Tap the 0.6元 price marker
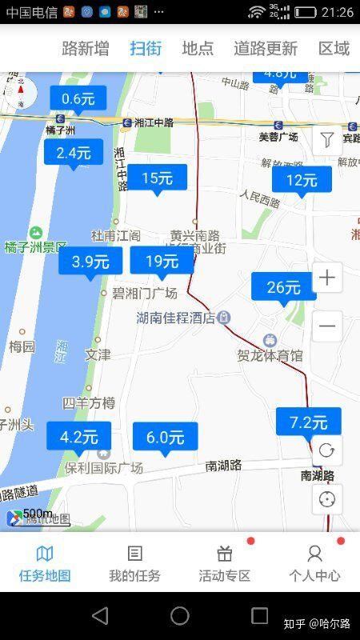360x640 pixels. (x=78, y=99)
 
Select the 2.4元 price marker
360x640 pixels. (x=74, y=152)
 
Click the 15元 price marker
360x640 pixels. (x=157, y=178)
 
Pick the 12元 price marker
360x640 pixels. (x=302, y=180)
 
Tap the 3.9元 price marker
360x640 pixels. (x=90, y=261)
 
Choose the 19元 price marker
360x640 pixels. (x=162, y=261)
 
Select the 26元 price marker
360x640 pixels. (x=283, y=287)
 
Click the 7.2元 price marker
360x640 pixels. (x=308, y=422)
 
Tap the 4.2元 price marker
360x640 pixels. (x=78, y=437)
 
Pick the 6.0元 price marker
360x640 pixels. (x=165, y=437)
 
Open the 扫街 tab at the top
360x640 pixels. (x=146, y=48)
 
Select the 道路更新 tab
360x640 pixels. (x=266, y=48)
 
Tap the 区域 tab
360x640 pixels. (x=334, y=48)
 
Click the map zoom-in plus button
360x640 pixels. (x=326, y=278)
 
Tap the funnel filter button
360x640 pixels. (x=326, y=141)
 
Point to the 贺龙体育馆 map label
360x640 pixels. (x=270, y=355)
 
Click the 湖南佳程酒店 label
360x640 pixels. (x=176, y=318)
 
